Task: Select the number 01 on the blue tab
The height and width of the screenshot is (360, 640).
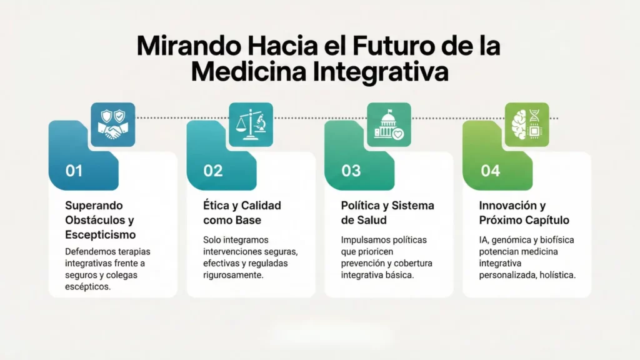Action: coord(74,170)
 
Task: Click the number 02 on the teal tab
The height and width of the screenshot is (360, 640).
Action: coord(213,170)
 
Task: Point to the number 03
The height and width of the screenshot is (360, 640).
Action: coord(351,170)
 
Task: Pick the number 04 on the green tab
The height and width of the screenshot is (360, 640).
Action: coord(491,170)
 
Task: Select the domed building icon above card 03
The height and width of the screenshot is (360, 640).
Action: coord(388,126)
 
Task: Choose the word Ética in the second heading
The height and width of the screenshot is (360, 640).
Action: coord(216,205)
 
